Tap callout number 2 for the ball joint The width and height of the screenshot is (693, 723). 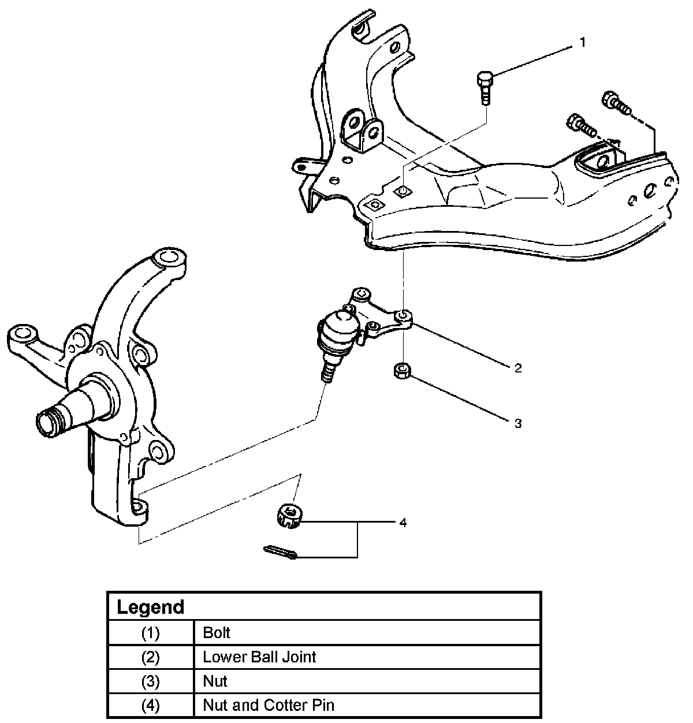pyautogui.click(x=518, y=368)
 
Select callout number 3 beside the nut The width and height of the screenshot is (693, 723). pyautogui.click(x=518, y=423)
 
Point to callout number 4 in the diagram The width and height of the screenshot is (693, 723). pyautogui.click(x=403, y=523)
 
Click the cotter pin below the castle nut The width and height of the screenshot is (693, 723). pyautogui.click(x=281, y=552)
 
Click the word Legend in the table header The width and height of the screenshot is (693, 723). pyautogui.click(x=150, y=607)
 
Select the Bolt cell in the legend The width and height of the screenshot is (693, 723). pyautogui.click(x=217, y=632)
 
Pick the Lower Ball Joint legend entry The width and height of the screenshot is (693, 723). pyautogui.click(x=259, y=657)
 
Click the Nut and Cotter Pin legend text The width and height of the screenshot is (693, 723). pyautogui.click(x=269, y=705)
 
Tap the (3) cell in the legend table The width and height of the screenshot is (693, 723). pyautogui.click(x=151, y=681)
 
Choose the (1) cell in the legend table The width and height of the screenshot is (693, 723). pyautogui.click(x=151, y=633)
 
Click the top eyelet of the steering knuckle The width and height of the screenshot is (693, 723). pyautogui.click(x=169, y=257)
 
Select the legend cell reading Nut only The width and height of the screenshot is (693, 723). pyautogui.click(x=215, y=681)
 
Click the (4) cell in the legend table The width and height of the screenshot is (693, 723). pyautogui.click(x=151, y=706)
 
